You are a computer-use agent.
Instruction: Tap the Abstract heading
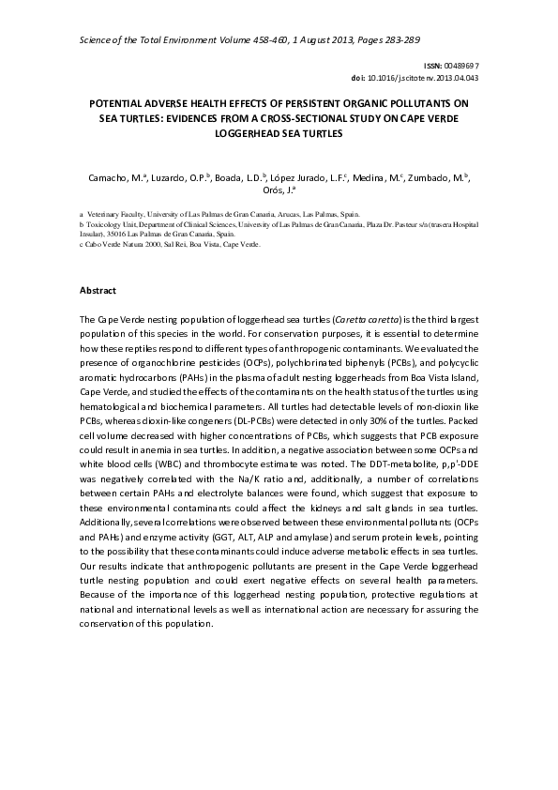click(98, 292)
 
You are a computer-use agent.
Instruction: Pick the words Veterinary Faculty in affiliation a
click(115, 215)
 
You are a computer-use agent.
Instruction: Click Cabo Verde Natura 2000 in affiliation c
click(117, 243)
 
